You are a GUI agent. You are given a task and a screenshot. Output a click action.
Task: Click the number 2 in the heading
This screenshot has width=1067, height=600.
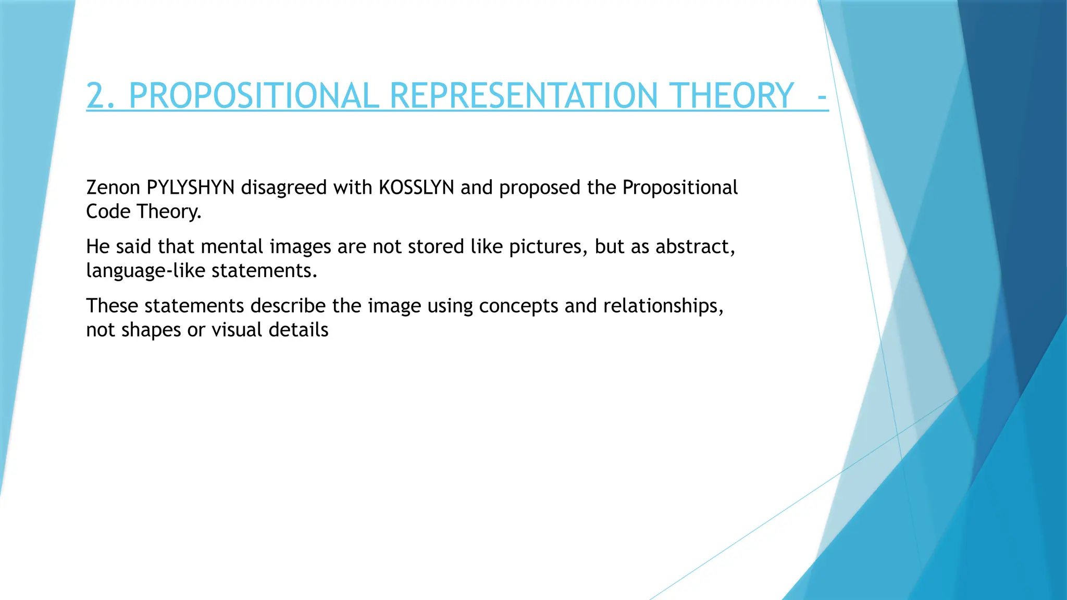(x=96, y=96)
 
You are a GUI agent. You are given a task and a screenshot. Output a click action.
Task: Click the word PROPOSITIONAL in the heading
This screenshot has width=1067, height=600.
(x=254, y=96)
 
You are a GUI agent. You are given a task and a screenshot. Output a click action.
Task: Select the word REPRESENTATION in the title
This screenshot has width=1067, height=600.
(x=524, y=96)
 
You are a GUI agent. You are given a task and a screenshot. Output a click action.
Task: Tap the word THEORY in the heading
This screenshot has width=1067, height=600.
(x=731, y=96)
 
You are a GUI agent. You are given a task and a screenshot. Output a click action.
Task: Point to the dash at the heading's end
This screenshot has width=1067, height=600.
(x=822, y=97)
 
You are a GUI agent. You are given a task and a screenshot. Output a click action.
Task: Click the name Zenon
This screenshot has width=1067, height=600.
(x=113, y=187)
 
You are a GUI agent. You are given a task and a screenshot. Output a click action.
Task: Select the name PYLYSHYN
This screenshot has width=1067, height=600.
(x=191, y=187)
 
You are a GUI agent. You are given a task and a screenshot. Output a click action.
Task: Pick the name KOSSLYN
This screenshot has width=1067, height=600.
(x=416, y=187)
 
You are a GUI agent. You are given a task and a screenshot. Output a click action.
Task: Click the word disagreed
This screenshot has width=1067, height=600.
(x=283, y=187)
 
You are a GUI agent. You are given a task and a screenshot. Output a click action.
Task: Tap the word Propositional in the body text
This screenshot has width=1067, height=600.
(x=680, y=187)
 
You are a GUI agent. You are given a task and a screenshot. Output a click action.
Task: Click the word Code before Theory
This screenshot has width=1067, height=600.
(x=108, y=211)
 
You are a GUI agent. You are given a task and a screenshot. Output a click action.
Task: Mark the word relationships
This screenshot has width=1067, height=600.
(x=663, y=306)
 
